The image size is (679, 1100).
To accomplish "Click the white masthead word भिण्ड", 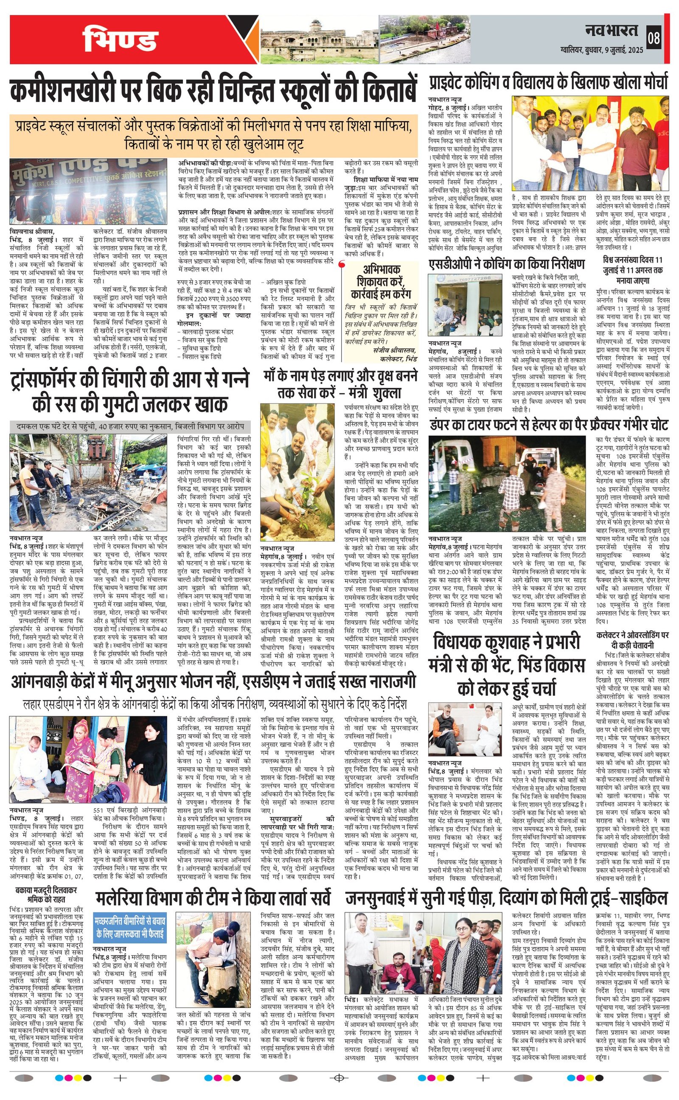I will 120,39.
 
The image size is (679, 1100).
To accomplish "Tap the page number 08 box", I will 654,38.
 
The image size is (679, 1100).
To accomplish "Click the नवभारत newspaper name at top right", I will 611,31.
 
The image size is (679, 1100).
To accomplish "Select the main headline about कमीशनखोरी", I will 214,92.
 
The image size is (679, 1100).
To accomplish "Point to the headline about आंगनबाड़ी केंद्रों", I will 213,682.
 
